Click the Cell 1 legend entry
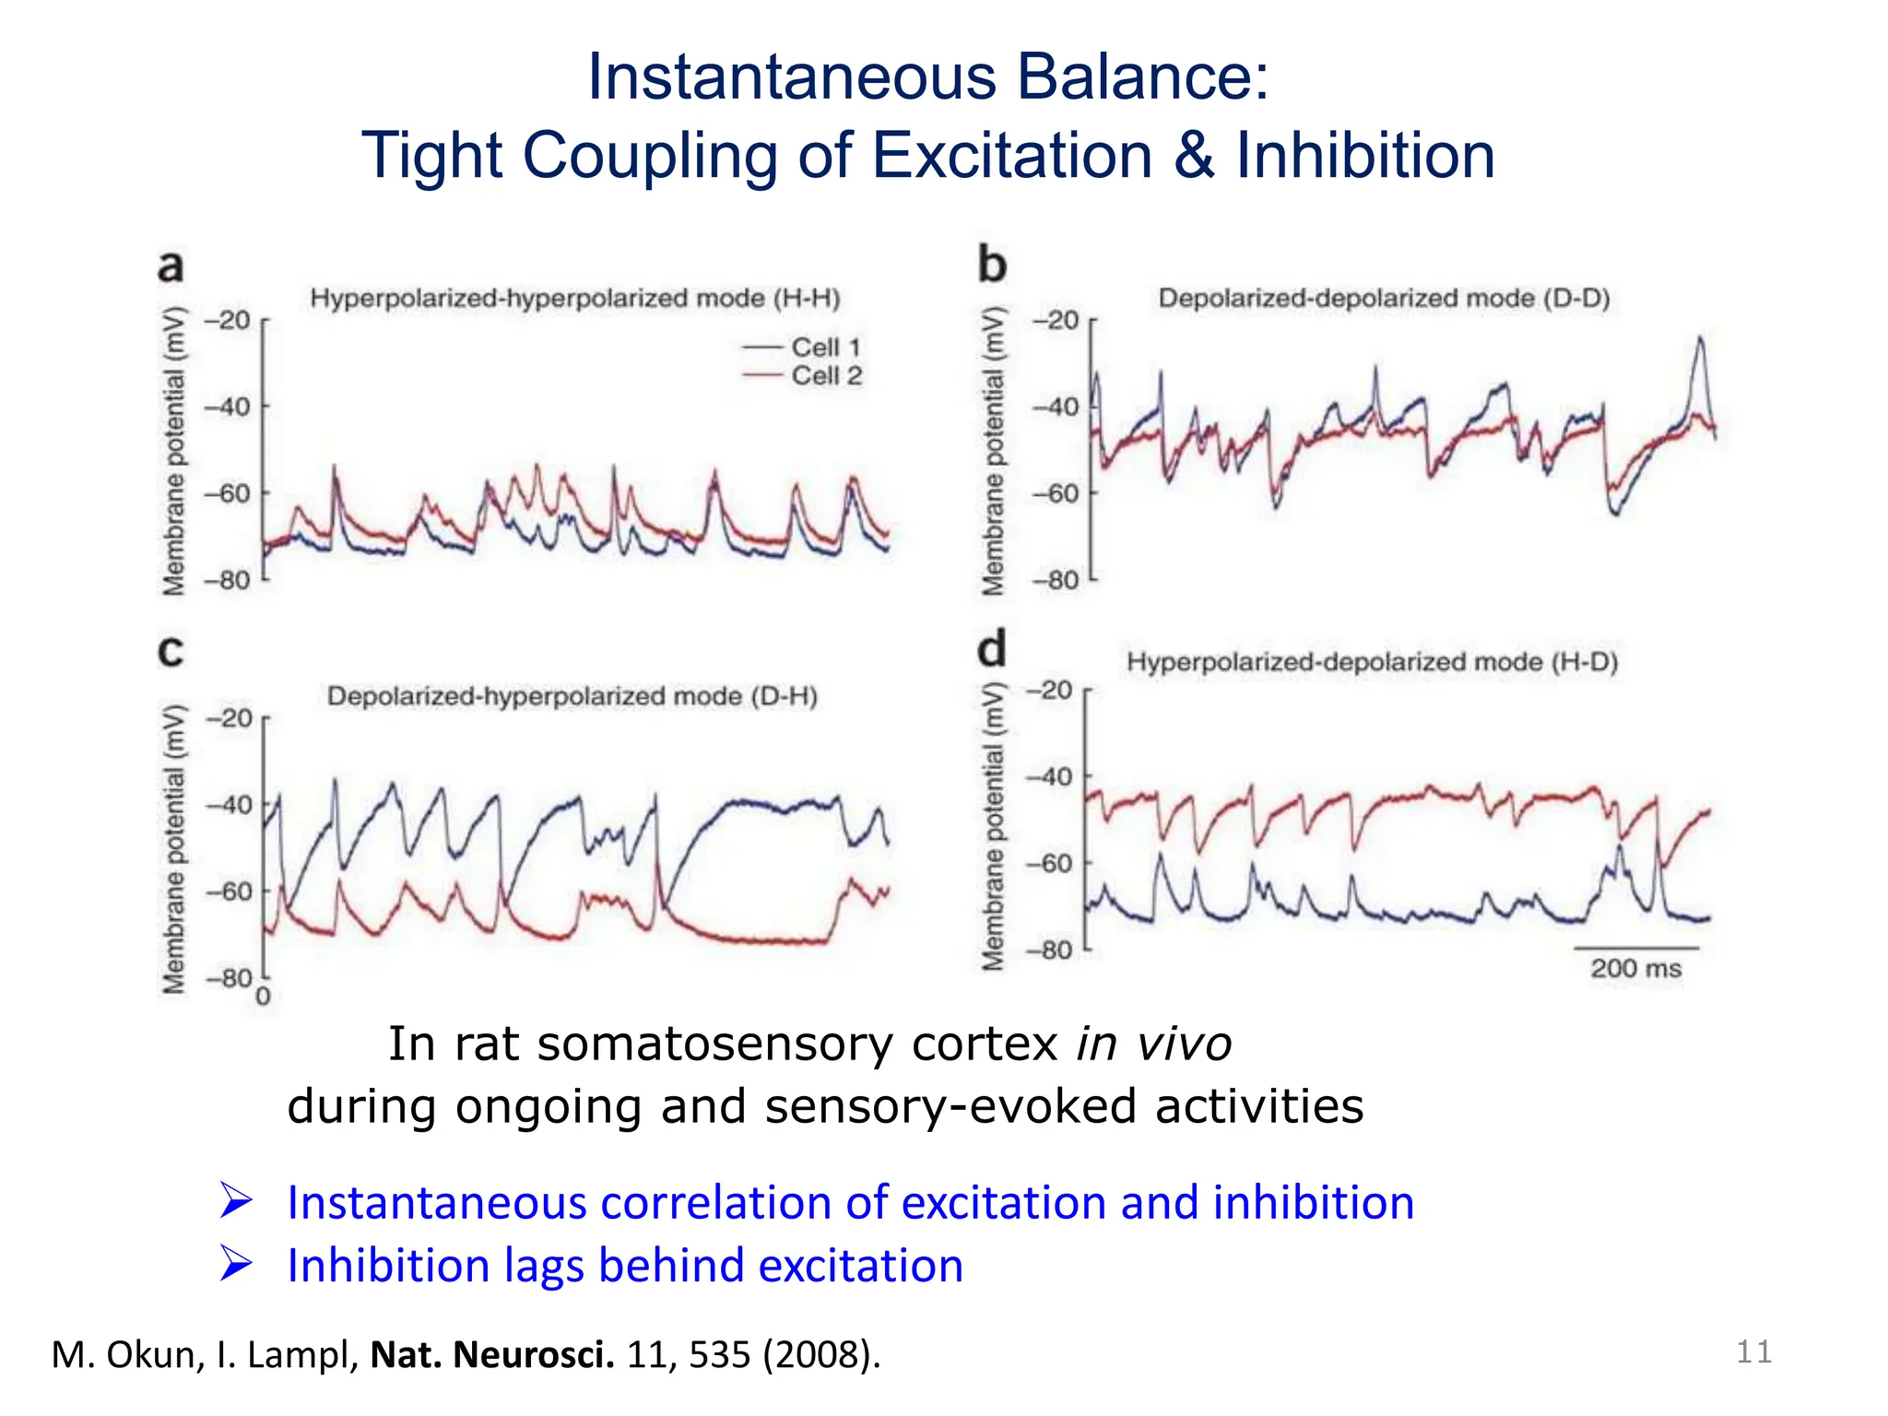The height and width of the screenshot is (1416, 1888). tap(824, 348)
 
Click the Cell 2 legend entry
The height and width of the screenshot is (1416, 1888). tap(825, 376)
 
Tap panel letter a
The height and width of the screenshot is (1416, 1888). tap(171, 266)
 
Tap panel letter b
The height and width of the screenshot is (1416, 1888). tap(992, 265)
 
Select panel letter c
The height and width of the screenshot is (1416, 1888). tap(171, 651)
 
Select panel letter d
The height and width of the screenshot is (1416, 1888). tap(992, 650)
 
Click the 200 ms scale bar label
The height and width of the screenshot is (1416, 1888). tap(1635, 969)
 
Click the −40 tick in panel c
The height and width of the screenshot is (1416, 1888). tap(228, 805)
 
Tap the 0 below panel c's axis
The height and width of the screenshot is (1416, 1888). tap(263, 997)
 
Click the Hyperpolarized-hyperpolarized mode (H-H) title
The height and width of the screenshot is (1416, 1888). tap(575, 298)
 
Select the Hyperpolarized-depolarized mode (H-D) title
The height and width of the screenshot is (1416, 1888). tap(1372, 662)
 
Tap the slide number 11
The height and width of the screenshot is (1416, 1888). tap(1753, 1352)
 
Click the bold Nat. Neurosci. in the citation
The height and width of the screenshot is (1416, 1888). tap(491, 1354)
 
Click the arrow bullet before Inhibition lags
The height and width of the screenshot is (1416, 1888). tap(236, 1264)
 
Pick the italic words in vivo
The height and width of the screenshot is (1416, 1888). tap(1153, 1044)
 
